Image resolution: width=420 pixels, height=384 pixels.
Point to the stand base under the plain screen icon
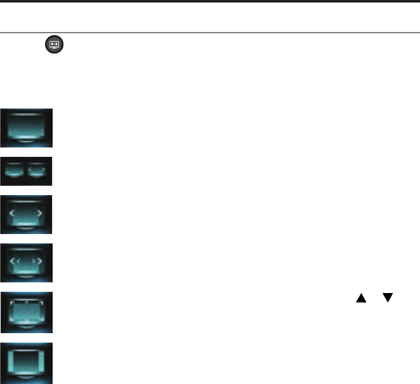coord(26,142)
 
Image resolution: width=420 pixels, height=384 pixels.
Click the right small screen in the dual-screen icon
coord(38,170)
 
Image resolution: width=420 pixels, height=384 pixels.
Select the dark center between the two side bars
coord(26,362)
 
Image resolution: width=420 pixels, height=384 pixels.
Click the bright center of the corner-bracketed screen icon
coord(26,312)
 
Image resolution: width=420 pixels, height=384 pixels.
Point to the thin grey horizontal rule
coord(210,32)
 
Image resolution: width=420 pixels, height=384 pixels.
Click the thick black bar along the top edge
coord(210,1)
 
